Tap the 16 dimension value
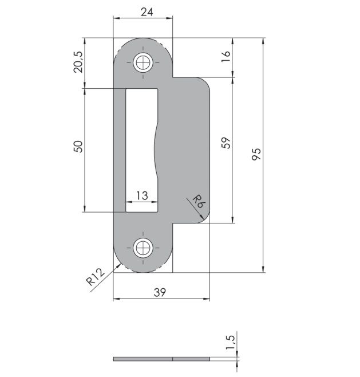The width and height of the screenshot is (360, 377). (226, 56)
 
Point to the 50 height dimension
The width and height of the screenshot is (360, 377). (79, 146)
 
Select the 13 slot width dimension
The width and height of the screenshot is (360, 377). (142, 195)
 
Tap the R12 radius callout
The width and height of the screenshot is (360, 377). (95, 277)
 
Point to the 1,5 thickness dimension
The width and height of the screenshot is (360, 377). (230, 342)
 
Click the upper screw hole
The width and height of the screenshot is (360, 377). (143, 62)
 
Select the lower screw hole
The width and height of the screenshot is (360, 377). (143, 248)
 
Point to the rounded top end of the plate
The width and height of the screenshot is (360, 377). (143, 44)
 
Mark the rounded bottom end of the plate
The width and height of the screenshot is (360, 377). (143, 265)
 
